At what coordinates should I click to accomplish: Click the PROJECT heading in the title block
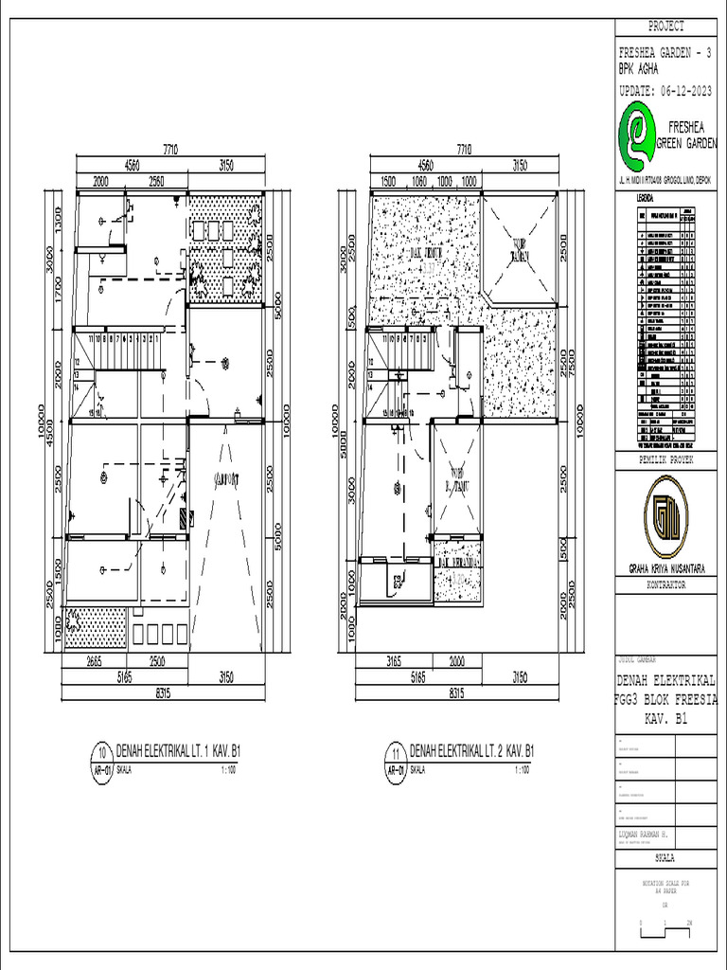[x=666, y=27]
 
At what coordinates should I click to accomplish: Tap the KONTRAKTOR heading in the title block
[x=666, y=585]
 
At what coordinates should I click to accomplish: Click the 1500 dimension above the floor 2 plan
[x=387, y=180]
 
